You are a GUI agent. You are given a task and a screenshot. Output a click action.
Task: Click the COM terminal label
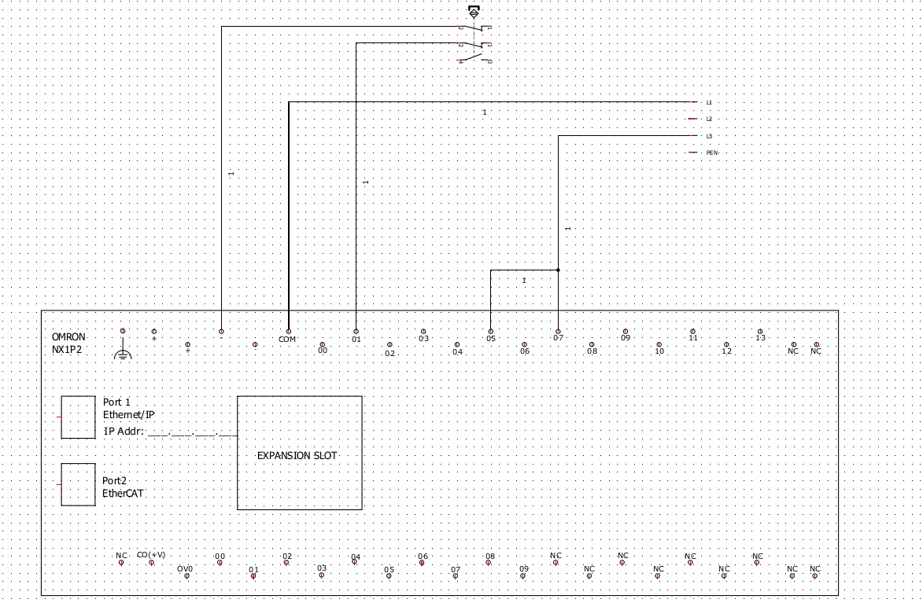point(287,340)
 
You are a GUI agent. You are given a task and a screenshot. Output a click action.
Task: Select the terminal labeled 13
point(760,338)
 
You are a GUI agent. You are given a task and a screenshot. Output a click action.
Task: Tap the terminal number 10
point(659,351)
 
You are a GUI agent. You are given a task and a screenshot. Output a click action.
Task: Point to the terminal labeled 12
point(726,351)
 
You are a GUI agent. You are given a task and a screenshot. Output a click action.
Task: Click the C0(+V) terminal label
point(151,555)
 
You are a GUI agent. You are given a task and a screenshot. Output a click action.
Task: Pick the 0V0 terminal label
point(185,568)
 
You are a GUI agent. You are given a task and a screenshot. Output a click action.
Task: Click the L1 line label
point(708,103)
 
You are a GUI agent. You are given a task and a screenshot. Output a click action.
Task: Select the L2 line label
point(708,119)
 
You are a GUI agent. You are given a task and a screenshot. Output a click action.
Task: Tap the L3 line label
point(708,136)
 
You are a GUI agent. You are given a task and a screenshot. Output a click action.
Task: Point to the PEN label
point(711,153)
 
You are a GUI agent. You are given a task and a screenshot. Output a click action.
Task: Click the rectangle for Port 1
point(78,417)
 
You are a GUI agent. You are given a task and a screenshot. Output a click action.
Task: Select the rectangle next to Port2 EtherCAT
point(78,484)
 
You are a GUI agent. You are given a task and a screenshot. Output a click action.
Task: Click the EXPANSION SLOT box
point(300,453)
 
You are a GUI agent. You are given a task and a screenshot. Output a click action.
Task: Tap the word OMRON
point(68,336)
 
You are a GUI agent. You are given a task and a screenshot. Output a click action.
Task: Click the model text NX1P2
point(67,350)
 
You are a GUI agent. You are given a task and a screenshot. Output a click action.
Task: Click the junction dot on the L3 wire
point(558,270)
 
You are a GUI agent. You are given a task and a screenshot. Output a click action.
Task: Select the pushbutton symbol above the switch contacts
point(473,13)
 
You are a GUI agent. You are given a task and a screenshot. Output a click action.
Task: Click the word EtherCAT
point(123,494)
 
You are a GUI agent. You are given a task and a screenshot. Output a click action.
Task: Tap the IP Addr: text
point(124,431)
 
